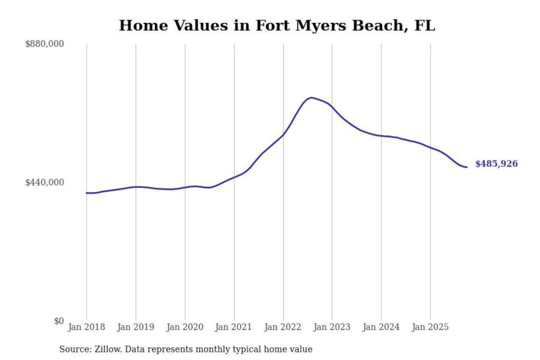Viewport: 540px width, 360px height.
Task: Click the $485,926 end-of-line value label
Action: click(x=496, y=164)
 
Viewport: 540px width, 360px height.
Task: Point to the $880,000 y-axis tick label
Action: click(x=44, y=44)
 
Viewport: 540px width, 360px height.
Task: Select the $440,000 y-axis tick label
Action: click(x=44, y=183)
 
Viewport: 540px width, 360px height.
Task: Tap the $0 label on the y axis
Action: click(x=59, y=321)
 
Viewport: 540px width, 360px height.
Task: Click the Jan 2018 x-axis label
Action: click(x=86, y=327)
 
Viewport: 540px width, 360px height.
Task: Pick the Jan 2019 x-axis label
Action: click(x=135, y=327)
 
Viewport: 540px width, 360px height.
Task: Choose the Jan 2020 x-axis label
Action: click(x=184, y=327)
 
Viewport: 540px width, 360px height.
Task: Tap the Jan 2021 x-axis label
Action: click(x=233, y=327)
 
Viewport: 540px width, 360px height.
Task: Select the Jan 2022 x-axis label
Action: click(x=282, y=327)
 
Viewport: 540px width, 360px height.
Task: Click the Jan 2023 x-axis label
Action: click(x=331, y=327)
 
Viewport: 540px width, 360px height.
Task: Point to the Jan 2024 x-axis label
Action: click(x=381, y=327)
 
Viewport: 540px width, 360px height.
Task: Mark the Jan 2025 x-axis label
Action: click(x=430, y=327)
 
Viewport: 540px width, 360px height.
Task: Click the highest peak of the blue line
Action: click(x=311, y=98)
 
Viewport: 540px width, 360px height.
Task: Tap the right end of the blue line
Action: click(x=467, y=167)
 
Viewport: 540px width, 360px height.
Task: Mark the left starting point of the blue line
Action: click(x=87, y=193)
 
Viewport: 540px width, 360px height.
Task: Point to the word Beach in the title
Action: click(x=379, y=26)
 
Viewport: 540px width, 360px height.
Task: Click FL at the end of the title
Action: click(x=424, y=26)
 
